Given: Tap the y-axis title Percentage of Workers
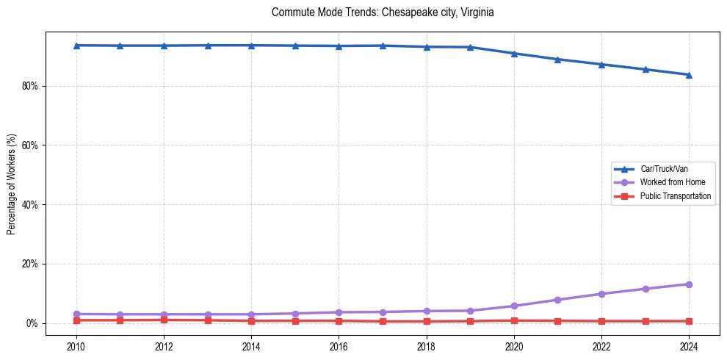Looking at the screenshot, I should pos(12,184).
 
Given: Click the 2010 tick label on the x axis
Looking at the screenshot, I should pos(76,345).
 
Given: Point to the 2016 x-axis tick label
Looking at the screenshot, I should pos(339,345).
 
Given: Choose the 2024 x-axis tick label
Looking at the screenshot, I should pos(689,345).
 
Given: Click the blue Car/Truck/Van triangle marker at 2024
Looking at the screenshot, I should pos(689,74).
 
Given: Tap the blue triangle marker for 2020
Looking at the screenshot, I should pos(514,54).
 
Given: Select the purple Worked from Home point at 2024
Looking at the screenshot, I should pos(689,284).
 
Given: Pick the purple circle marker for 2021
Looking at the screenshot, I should pos(557,300).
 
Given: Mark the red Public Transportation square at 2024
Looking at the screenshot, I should pos(689,321).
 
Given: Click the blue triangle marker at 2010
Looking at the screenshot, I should pos(76,46).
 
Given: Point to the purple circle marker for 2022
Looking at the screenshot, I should pos(601,294).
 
